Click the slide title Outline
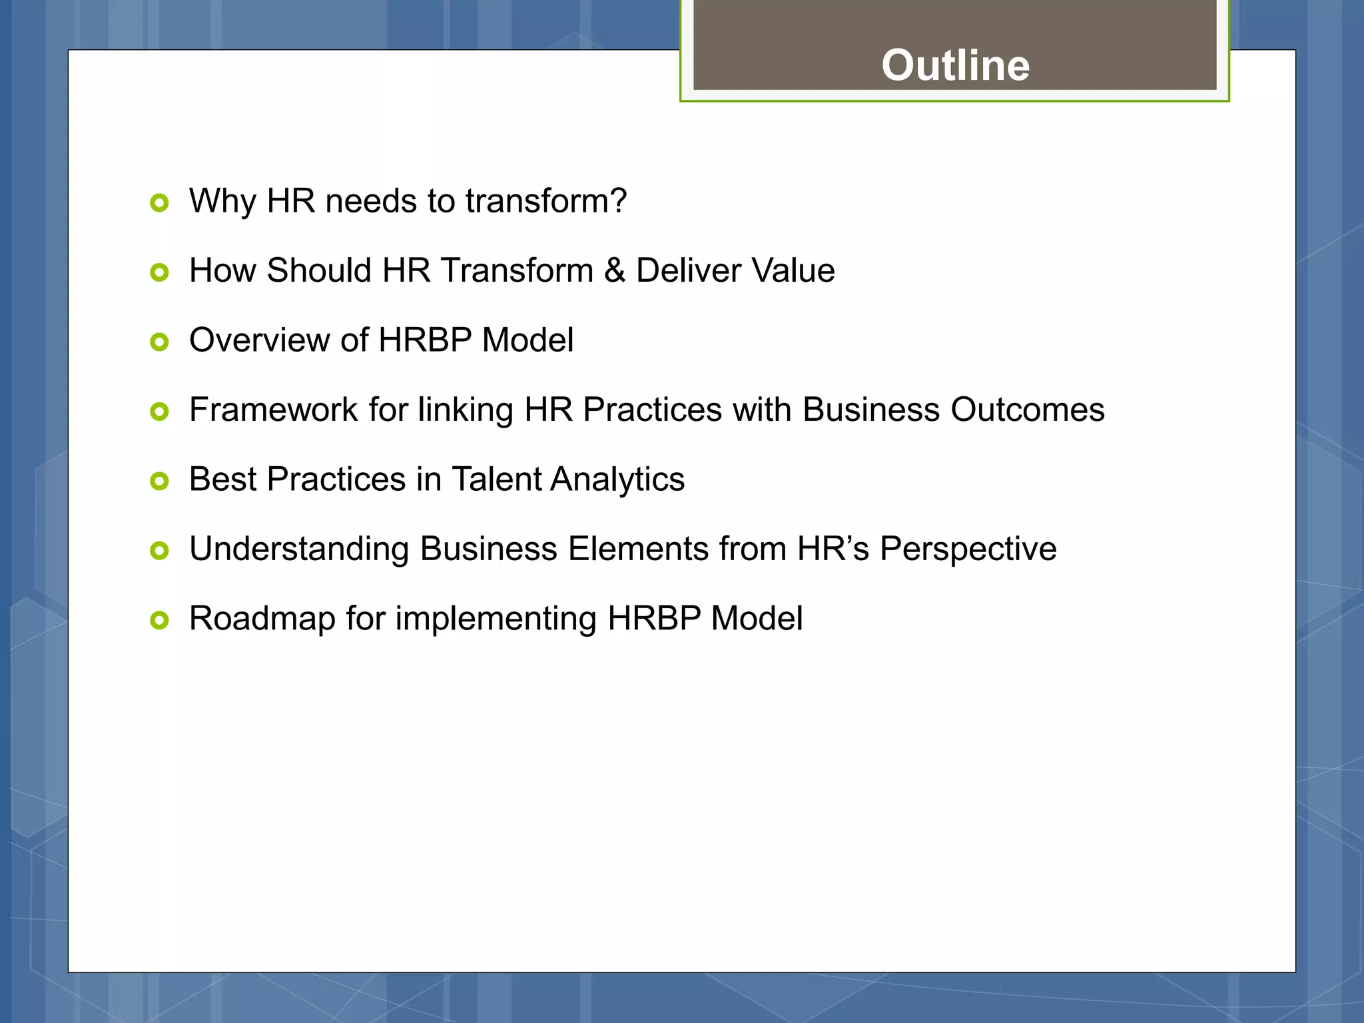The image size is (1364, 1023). click(x=955, y=65)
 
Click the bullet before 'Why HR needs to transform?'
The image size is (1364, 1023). click(x=159, y=202)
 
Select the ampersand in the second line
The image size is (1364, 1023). click(x=614, y=270)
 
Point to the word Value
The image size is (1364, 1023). click(x=793, y=270)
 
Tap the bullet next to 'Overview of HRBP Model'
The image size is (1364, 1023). click(x=159, y=342)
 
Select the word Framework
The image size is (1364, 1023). click(x=273, y=410)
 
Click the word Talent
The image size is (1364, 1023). click(x=496, y=480)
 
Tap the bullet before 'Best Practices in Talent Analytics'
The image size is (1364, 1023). click(x=159, y=481)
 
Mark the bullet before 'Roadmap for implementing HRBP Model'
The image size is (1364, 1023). click(x=159, y=621)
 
